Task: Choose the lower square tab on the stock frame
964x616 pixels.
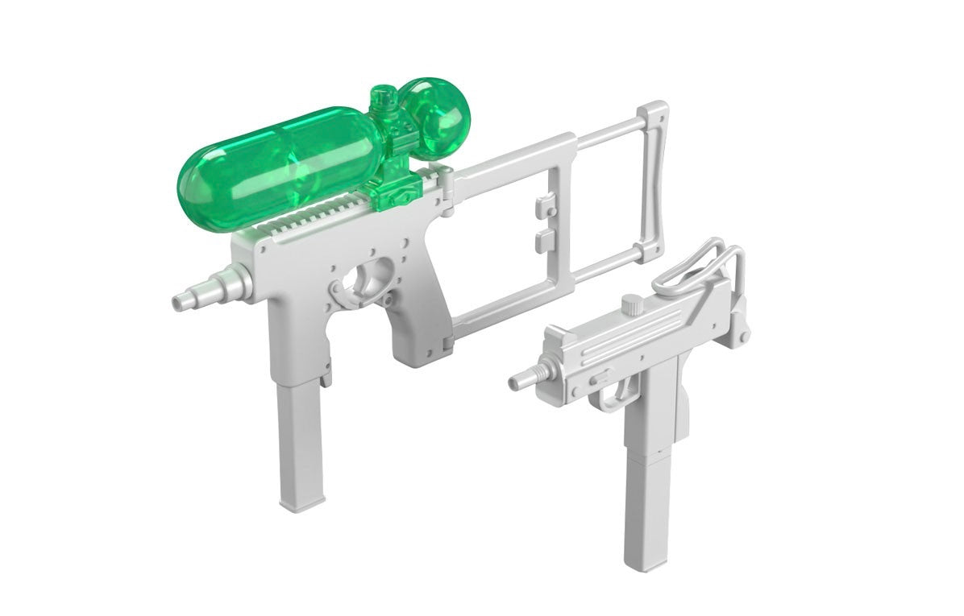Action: (544, 238)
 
